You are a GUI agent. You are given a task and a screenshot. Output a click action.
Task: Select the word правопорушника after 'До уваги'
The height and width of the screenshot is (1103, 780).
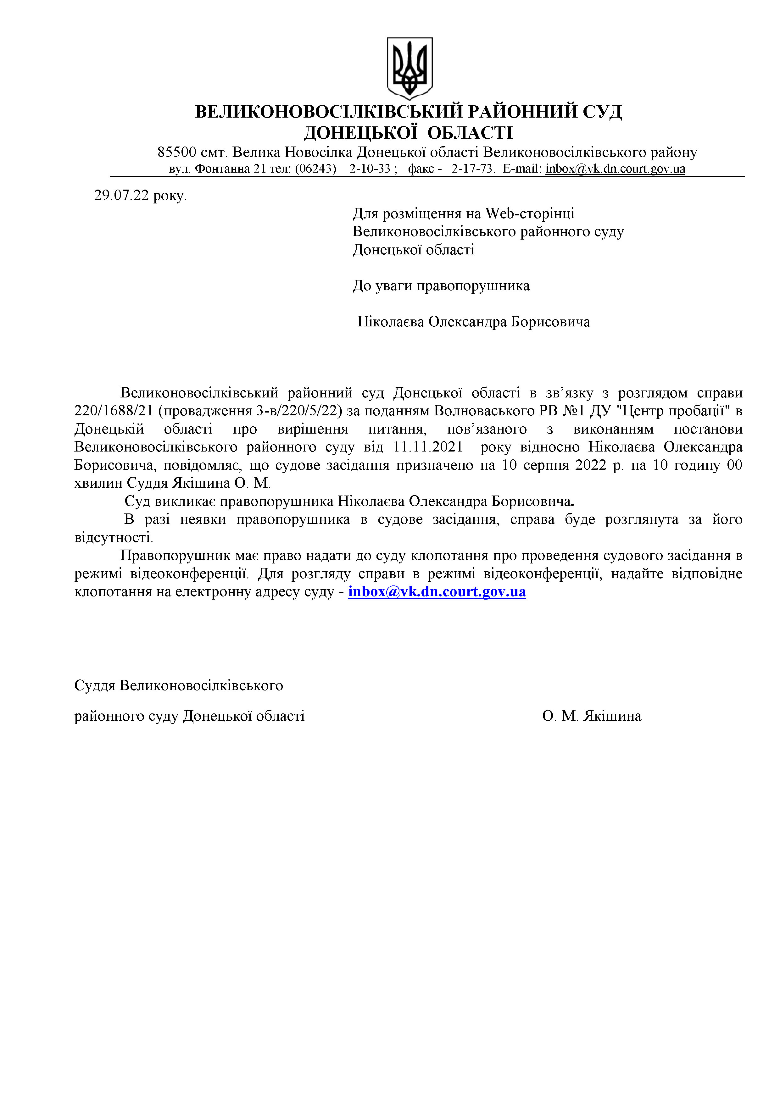tap(473, 285)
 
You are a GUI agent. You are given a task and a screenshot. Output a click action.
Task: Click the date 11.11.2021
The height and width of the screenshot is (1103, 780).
tap(428, 447)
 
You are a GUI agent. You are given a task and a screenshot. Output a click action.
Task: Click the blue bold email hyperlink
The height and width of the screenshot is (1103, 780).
tap(437, 591)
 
